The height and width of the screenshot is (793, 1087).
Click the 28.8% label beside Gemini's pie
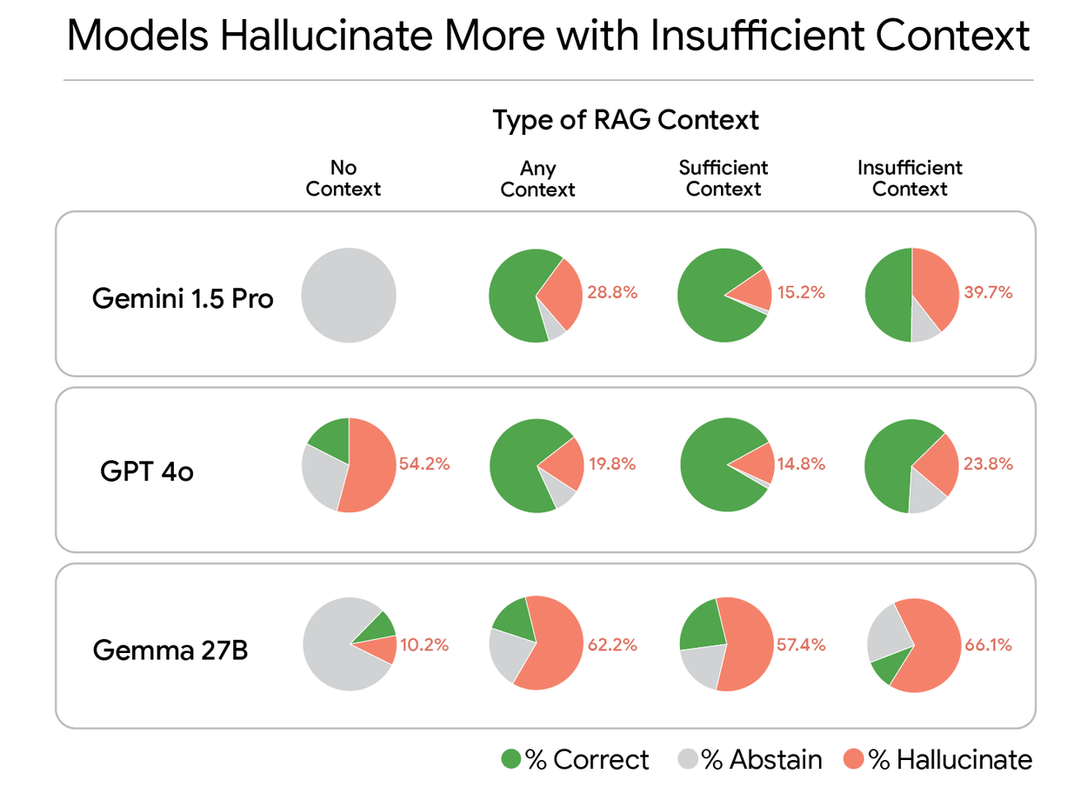click(613, 293)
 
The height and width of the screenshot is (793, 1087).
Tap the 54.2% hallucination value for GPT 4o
click(424, 464)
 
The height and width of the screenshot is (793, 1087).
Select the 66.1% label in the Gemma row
click(988, 645)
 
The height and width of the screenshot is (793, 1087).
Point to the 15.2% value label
click(800, 293)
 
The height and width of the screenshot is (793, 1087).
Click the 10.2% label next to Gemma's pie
click(424, 645)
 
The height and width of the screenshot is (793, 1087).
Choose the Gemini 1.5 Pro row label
click(183, 299)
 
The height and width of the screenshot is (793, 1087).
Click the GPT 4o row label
click(147, 472)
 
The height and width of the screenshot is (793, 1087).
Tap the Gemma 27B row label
click(170, 650)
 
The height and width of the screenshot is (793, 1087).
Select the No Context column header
click(343, 178)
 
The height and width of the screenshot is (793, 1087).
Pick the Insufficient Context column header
click(910, 178)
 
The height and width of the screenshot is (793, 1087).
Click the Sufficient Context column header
click(724, 178)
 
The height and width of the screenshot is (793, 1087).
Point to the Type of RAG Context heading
click(626, 119)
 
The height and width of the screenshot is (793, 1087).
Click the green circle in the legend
click(511, 760)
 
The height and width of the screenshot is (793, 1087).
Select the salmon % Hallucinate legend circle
click(855, 760)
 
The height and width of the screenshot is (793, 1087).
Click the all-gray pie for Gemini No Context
click(349, 296)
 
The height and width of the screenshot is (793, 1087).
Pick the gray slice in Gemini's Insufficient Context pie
click(924, 324)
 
